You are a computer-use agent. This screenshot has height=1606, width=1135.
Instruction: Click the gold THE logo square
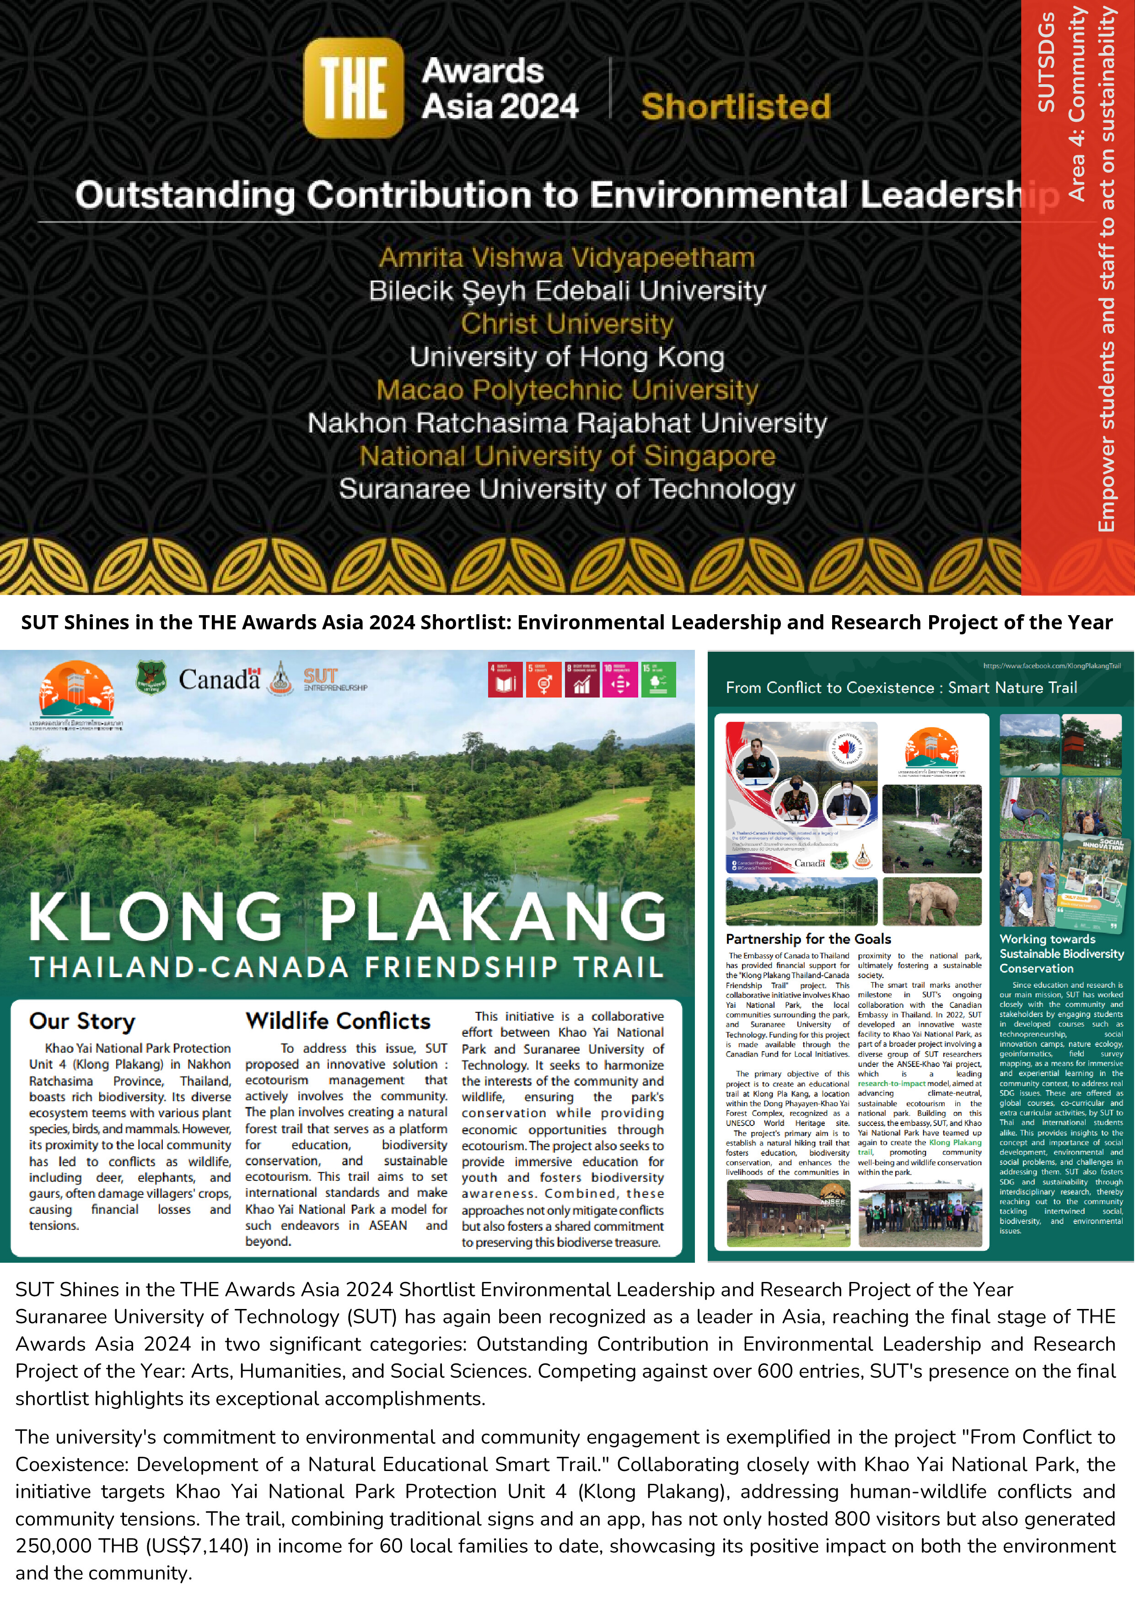[x=353, y=88]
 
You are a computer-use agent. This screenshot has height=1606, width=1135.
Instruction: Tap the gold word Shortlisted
[x=736, y=107]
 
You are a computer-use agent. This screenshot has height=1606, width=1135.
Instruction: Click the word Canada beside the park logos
[x=218, y=678]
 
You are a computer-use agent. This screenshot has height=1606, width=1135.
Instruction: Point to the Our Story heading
[x=82, y=1021]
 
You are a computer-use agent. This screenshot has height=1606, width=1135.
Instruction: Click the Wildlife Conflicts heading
[x=338, y=1021]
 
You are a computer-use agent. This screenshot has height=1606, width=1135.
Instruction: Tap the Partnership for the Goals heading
[x=808, y=939]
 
